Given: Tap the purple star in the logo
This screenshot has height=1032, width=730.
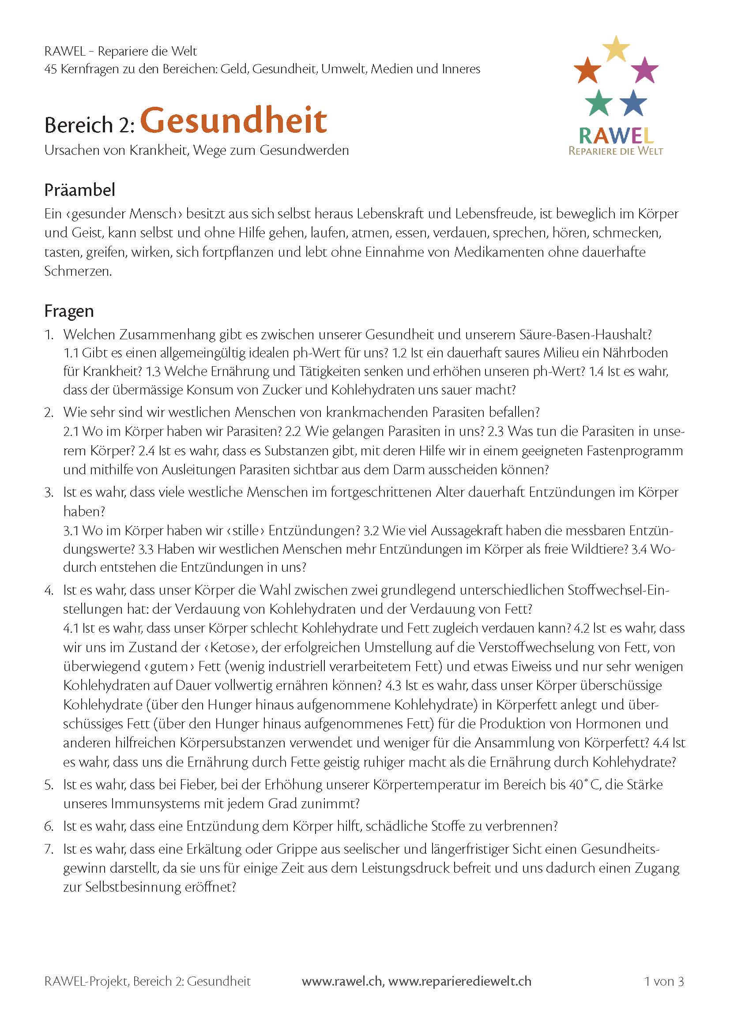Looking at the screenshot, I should click(x=644, y=70).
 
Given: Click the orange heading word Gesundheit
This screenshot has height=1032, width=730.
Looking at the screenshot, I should click(x=233, y=120).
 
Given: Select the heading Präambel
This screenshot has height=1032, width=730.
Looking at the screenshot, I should click(x=79, y=190).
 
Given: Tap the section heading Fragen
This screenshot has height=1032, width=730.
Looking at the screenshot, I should click(x=69, y=311).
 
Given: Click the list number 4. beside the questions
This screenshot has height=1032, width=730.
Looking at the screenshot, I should click(x=49, y=590).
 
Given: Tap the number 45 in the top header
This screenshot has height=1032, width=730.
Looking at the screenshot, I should click(x=50, y=69).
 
